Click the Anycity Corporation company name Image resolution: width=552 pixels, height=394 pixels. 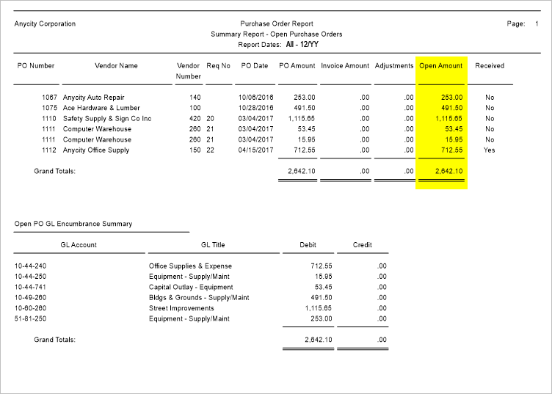coord(45,24)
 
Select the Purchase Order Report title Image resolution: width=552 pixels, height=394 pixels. coord(276,24)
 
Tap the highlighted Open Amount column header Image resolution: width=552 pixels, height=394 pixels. coord(440,66)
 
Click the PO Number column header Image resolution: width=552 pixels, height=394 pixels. coord(36,66)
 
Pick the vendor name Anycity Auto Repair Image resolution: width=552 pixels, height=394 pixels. coord(94,97)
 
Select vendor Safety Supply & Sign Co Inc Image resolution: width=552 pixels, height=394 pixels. coord(107,118)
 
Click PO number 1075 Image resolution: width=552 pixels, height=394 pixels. coord(49,108)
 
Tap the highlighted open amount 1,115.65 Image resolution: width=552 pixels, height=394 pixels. coord(448,118)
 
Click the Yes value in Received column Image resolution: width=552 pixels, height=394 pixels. coord(490,150)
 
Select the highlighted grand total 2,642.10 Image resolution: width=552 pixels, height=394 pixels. coord(448,172)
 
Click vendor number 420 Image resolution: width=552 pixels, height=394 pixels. coord(195,118)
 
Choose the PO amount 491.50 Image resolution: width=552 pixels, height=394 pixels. coord(303,108)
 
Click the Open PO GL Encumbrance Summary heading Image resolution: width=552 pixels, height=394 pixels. coord(73,224)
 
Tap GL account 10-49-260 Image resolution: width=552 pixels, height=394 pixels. coord(30,298)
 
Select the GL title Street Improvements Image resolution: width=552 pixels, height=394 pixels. coord(181,308)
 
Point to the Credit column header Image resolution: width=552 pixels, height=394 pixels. coord(362,245)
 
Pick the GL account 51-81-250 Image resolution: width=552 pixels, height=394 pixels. coord(30,319)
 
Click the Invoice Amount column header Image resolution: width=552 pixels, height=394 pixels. coord(345,66)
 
